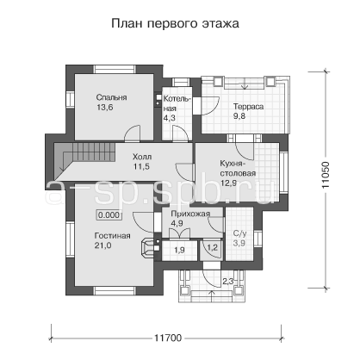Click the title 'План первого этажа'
pos(175,23)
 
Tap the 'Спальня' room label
pos(111,97)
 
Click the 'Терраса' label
pos(248,107)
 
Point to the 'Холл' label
pos(142,157)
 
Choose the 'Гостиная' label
pos(113,236)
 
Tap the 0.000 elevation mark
pos(109,215)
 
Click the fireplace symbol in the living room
pos(148,247)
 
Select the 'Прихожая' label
pos(190,214)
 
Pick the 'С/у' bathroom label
pos(239,233)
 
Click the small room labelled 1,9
pos(179,251)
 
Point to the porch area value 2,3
pos(228,282)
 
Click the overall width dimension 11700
pos(168,338)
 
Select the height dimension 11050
pos(326,175)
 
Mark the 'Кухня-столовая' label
pos(238,169)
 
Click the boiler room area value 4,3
pos(170,118)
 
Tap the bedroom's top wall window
pos(115,70)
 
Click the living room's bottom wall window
pos(115,290)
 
